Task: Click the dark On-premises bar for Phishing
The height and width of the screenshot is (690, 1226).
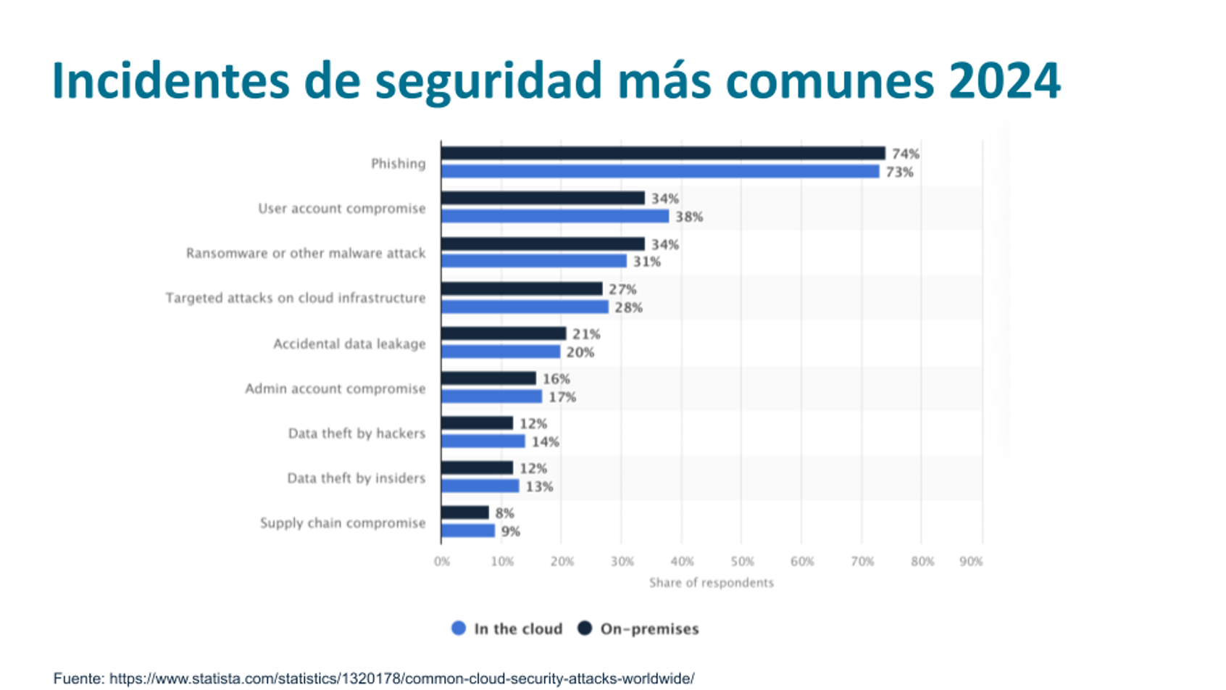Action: pyautogui.click(x=663, y=153)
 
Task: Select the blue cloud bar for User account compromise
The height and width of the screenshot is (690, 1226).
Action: pyautogui.click(x=555, y=216)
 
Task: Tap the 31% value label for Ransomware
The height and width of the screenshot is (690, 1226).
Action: pyautogui.click(x=647, y=262)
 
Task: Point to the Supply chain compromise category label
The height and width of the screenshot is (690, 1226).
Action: pyautogui.click(x=343, y=523)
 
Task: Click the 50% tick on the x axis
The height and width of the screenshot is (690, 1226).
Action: pyautogui.click(x=742, y=561)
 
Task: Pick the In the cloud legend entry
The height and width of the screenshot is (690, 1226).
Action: pyautogui.click(x=507, y=628)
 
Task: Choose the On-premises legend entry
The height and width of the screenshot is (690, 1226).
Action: pyautogui.click(x=639, y=628)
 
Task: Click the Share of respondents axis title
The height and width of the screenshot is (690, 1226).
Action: pyautogui.click(x=711, y=582)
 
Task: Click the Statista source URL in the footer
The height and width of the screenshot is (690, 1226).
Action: pyautogui.click(x=401, y=678)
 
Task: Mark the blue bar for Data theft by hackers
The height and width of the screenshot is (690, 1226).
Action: pyautogui.click(x=483, y=441)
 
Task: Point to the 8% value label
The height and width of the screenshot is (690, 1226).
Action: pyautogui.click(x=505, y=513)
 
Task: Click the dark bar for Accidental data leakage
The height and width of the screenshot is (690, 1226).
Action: pyautogui.click(x=504, y=333)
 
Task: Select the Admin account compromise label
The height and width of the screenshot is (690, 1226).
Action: pyautogui.click(x=335, y=388)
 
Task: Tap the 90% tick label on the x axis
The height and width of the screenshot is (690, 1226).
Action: pyautogui.click(x=971, y=561)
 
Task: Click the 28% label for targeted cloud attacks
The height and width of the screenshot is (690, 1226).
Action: pyautogui.click(x=628, y=307)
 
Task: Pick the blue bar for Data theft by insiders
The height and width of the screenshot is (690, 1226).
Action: pyautogui.click(x=480, y=486)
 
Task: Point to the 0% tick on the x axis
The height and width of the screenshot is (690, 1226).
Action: pyautogui.click(x=442, y=561)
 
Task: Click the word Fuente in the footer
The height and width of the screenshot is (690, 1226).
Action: pyautogui.click(x=78, y=678)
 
